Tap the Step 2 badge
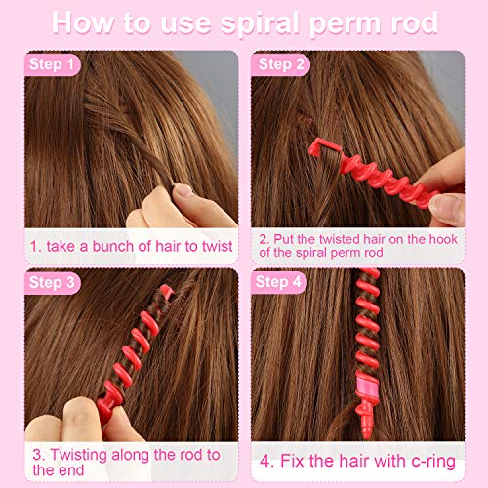click(283, 65)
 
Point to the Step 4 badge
click(283, 282)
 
